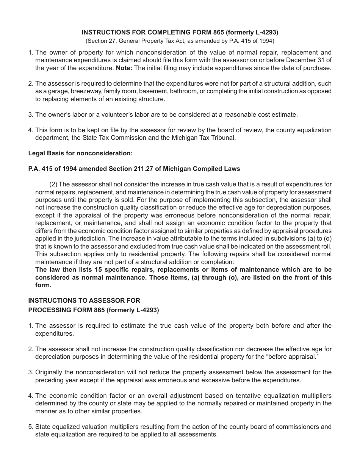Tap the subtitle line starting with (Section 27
[180, 41]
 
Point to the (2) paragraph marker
[53, 185]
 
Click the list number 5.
[30, 427]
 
